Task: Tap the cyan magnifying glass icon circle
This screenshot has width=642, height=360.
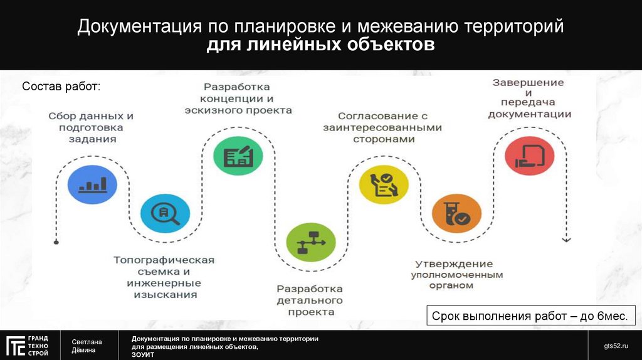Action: (165, 213)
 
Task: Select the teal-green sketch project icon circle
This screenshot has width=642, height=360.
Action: (238, 154)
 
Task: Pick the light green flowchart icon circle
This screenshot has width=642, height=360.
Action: (311, 242)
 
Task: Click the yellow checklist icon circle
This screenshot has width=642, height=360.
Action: (384, 184)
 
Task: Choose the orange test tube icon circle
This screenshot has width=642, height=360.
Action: (457, 213)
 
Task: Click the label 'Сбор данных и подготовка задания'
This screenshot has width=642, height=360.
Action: (92, 128)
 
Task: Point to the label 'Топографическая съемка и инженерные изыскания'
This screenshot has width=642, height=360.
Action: (164, 277)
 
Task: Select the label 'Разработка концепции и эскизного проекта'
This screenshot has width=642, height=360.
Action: (238, 98)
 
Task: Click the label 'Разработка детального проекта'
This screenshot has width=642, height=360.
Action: (310, 300)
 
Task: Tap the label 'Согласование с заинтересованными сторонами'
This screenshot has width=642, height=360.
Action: (383, 127)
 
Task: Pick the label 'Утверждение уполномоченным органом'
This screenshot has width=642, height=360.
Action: (456, 275)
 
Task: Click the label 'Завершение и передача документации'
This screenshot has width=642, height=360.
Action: (529, 99)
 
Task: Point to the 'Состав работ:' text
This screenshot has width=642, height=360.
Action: (61, 86)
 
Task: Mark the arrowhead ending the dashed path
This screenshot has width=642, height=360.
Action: (566, 240)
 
